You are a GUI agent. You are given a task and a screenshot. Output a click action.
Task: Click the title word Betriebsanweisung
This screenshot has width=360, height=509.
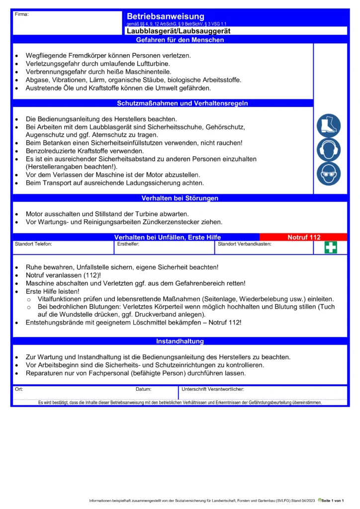coord(165,17)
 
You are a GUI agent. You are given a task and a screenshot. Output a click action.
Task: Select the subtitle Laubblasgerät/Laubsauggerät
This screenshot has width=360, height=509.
coord(179,31)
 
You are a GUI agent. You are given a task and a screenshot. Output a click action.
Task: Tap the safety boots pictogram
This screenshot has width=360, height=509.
coord(329,125)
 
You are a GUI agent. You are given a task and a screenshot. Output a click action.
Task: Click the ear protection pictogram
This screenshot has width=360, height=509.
coord(329,150)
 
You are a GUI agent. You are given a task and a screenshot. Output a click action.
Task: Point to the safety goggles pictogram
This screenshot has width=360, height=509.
coord(329,173)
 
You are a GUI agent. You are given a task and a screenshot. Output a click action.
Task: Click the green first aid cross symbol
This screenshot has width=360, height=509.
coord(331,247)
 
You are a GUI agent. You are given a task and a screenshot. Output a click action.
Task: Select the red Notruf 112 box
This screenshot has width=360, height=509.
coord(304,237)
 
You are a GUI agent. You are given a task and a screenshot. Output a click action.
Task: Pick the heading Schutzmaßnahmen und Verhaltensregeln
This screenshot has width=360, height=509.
coord(182,103)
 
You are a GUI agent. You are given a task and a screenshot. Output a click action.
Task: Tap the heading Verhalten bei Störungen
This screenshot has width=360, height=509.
coord(180,198)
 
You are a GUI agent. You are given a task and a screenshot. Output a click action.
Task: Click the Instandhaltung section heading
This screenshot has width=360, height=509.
coord(180,341)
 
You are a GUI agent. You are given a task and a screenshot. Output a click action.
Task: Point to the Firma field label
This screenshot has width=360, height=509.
coord(22,14)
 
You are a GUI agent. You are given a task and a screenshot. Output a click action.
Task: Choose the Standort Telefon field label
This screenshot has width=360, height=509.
coord(33,244)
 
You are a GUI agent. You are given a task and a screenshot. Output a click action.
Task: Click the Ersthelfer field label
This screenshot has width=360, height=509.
coord(128,244)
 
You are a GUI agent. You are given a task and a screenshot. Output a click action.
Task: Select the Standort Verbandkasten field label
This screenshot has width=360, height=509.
coord(245,244)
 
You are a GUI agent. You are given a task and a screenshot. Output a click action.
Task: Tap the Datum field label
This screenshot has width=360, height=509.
coord(143,389)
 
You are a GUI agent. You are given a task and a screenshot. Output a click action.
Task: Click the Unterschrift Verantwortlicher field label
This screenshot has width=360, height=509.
coord(213,389)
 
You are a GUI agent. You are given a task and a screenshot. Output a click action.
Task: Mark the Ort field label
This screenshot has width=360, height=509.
coord(19,389)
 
